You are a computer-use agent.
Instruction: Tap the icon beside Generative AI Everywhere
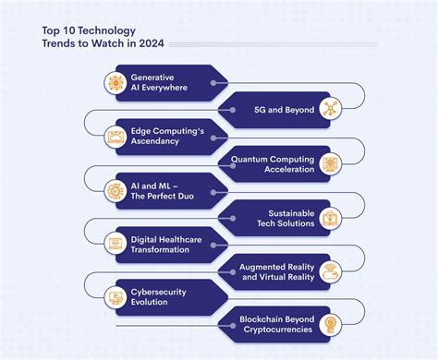click(117, 82)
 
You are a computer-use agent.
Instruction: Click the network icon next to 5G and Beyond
click(330, 110)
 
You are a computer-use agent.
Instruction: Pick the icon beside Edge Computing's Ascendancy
click(117, 137)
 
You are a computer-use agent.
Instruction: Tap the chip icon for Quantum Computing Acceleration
click(330, 163)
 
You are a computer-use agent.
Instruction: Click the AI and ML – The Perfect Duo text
click(164, 190)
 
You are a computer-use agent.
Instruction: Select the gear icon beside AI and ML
click(117, 190)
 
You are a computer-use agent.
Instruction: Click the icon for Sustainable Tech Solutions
click(330, 218)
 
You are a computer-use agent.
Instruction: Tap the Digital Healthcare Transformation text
click(167, 245)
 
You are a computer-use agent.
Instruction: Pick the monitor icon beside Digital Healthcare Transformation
click(117, 245)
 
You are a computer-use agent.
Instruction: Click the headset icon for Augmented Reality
click(330, 271)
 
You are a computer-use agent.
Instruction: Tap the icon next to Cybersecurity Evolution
click(117, 298)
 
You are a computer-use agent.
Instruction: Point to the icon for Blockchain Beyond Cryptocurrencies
click(330, 325)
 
